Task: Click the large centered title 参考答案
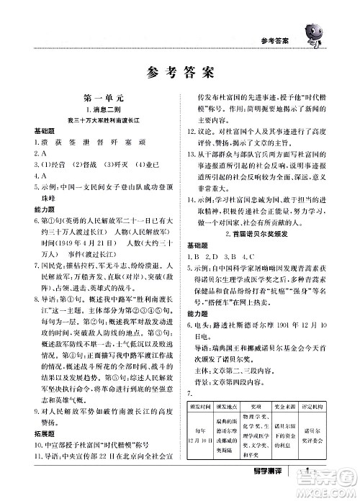pyautogui.click(x=180, y=72)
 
